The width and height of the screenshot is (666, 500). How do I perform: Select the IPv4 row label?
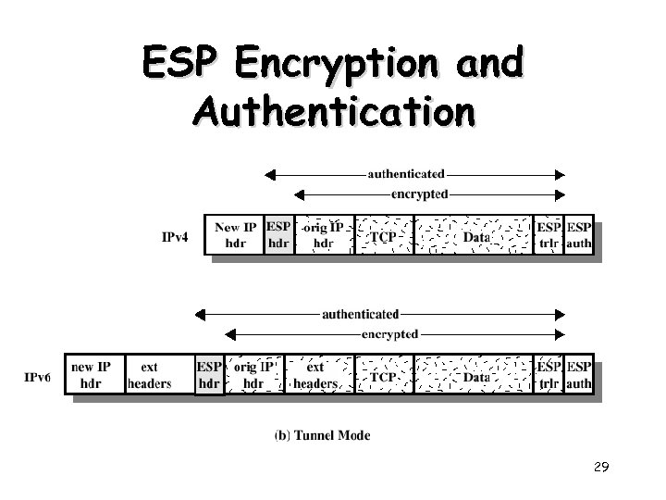tap(175, 236)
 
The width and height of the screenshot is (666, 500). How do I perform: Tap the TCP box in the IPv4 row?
tap(384, 237)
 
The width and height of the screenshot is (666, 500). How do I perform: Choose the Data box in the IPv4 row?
tap(474, 237)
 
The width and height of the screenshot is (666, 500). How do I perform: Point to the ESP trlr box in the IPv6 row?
tap(549, 375)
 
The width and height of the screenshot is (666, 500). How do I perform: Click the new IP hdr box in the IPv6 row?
tap(91, 375)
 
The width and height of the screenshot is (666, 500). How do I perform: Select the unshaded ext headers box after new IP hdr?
tap(149, 375)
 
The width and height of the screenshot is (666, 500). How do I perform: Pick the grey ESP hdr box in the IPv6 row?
tap(209, 375)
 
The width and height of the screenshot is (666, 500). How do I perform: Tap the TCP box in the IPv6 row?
tap(384, 377)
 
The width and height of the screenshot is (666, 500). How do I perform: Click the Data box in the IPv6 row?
tap(475, 377)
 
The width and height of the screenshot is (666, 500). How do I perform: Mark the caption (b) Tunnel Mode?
tap(323, 434)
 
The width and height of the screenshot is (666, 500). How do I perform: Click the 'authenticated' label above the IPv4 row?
tap(406, 173)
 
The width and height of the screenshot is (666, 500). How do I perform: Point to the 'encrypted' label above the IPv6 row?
tap(389, 333)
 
